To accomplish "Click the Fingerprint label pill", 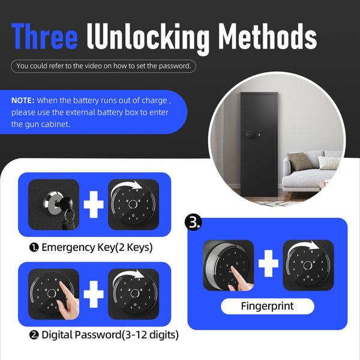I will tap(267, 306).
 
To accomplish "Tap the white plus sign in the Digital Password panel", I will tap(94, 295).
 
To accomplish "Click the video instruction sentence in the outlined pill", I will tap(104, 66).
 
